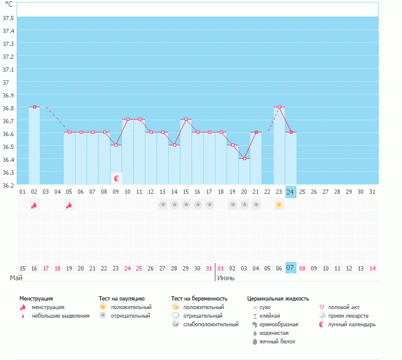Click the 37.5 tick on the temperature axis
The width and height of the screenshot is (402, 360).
point(9,18)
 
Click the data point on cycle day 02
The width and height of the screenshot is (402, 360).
point(34,107)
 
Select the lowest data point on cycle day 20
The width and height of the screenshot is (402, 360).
point(244,158)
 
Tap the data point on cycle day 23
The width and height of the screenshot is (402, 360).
point(279,107)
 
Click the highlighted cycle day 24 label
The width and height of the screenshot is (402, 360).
point(291,191)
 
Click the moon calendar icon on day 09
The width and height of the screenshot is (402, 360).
point(116,178)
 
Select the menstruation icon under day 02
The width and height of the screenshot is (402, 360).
point(34,205)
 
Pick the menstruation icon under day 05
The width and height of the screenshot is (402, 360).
point(69,205)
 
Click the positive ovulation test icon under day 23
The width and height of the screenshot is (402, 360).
point(279,205)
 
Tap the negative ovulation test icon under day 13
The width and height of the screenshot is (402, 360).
point(163,205)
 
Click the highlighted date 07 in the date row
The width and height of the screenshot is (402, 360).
point(291,267)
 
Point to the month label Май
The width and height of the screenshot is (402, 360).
point(17,278)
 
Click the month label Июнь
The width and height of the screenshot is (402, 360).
point(226,278)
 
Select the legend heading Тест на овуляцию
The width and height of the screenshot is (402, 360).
point(122,298)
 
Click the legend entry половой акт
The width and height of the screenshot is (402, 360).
point(342,307)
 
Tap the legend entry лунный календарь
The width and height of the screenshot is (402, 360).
point(352,324)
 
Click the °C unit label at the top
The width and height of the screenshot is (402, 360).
point(9,5)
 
